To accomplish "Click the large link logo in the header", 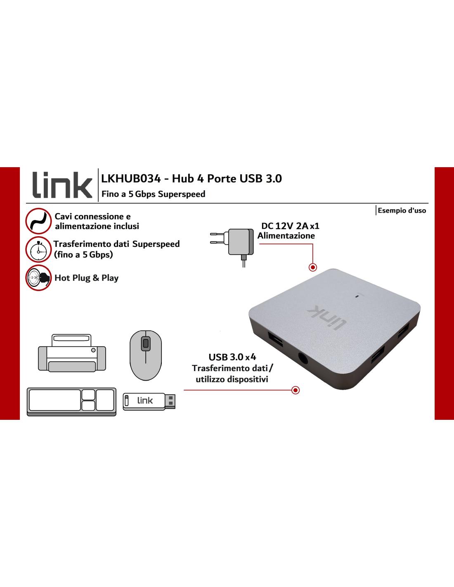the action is (x=62, y=185).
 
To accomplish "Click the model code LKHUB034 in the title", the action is (x=131, y=179).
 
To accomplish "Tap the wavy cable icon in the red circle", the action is (x=38, y=221).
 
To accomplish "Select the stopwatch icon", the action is (x=38, y=250).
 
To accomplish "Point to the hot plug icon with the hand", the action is (x=38, y=278).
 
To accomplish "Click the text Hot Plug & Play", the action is (x=86, y=278).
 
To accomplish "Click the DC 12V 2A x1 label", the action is (x=290, y=226).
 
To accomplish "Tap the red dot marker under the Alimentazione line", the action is (x=313, y=267).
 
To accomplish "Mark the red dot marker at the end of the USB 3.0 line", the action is (x=296, y=390).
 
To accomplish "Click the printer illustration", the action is (x=72, y=353).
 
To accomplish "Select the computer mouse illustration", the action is (x=146, y=355).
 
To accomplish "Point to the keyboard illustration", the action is (x=71, y=402).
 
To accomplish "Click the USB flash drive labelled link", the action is (x=149, y=402).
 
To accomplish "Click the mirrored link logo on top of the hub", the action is (x=326, y=318).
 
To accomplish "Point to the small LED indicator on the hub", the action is (x=358, y=296).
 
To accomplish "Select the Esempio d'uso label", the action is (x=402, y=211).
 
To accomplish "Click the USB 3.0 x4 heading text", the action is (x=232, y=357).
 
